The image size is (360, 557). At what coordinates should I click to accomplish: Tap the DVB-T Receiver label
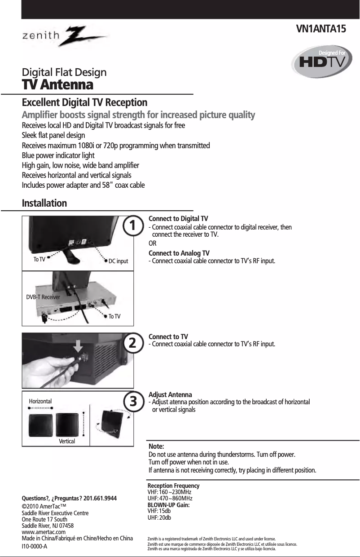tap(43, 297)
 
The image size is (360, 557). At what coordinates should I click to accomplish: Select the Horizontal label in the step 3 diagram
tap(40, 401)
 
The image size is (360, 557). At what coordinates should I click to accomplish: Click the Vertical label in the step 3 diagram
tap(67, 442)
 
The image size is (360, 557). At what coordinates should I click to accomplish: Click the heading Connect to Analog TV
tap(179, 253)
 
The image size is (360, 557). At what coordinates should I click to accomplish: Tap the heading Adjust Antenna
tap(170, 395)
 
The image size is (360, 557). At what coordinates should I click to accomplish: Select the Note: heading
tap(156, 446)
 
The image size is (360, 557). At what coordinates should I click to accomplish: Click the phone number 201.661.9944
tap(100, 498)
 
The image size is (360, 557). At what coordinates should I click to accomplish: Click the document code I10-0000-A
tap(35, 546)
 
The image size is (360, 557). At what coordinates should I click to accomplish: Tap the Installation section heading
tap(44, 203)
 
